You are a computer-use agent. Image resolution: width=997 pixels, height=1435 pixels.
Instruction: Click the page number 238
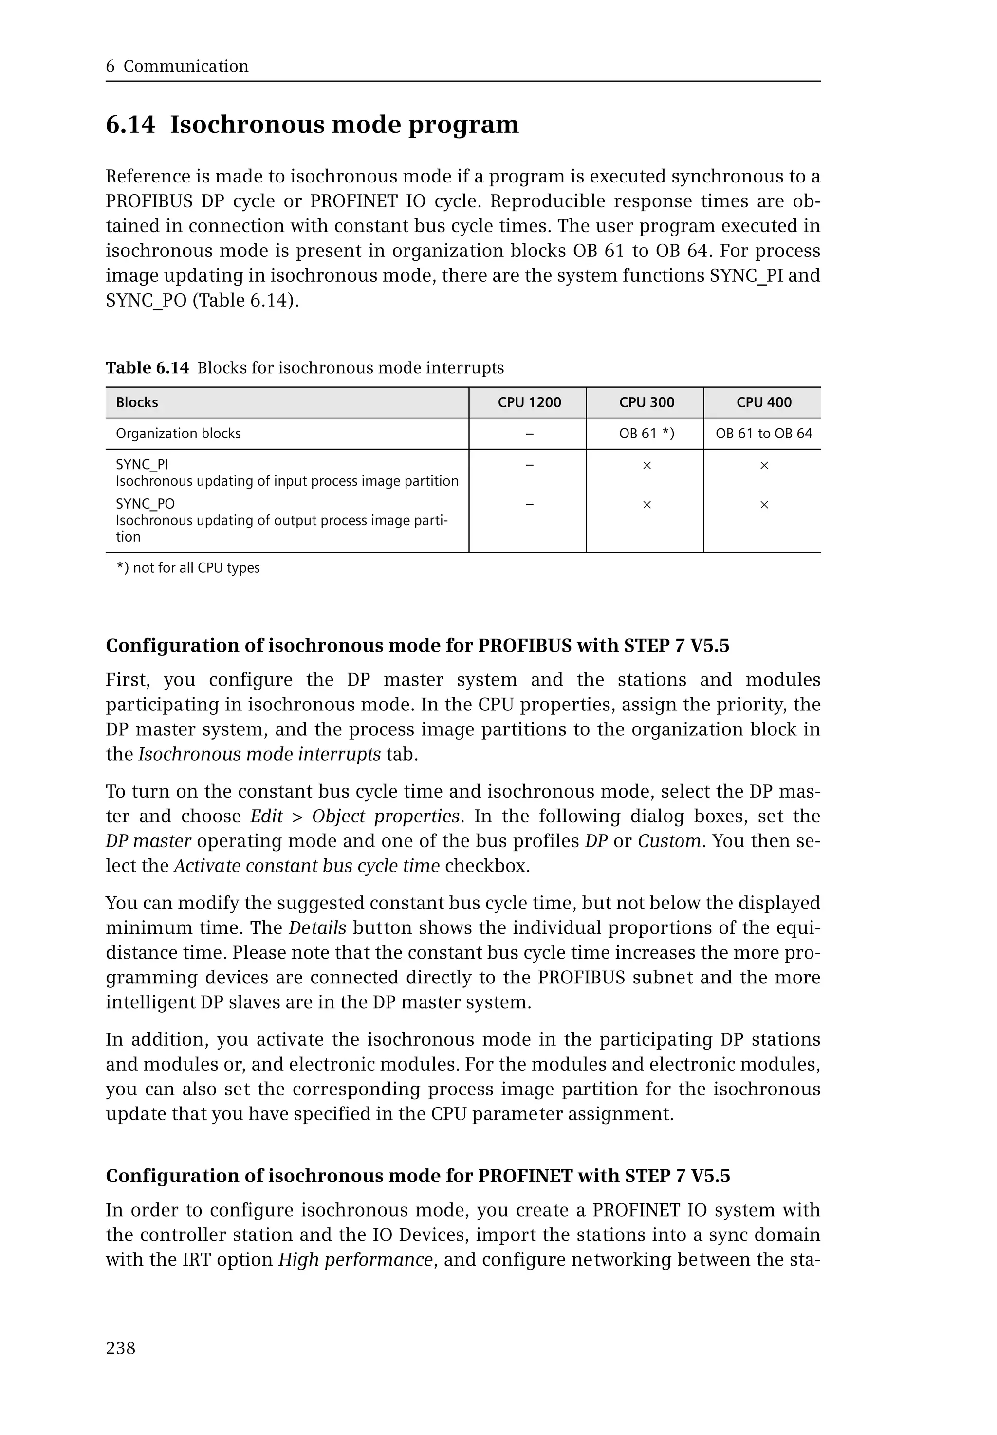click(x=121, y=1348)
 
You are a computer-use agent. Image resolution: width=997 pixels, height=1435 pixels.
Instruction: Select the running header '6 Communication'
click(x=177, y=66)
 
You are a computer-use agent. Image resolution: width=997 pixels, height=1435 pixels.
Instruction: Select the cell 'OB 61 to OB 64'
click(x=763, y=434)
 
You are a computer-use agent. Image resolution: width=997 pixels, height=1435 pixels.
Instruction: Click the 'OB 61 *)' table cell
click(x=646, y=434)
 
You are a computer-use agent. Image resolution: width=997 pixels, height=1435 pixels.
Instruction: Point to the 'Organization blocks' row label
click(x=178, y=434)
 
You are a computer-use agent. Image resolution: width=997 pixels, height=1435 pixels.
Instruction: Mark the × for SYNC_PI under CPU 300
click(x=646, y=466)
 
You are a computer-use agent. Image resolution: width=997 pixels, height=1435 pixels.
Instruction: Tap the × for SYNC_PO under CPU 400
click(x=763, y=505)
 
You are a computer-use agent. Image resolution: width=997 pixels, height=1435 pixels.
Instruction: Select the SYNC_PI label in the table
click(x=142, y=465)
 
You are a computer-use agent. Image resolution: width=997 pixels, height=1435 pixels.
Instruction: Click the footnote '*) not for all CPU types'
click(x=188, y=568)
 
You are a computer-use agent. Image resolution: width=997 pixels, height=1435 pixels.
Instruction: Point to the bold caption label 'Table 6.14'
click(x=147, y=368)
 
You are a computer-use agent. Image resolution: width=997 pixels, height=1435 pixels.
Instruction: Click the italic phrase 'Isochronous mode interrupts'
click(x=259, y=754)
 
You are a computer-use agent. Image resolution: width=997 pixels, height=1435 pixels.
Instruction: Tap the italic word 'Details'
click(x=317, y=928)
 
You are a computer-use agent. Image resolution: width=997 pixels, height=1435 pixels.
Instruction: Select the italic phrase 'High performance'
click(x=355, y=1259)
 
